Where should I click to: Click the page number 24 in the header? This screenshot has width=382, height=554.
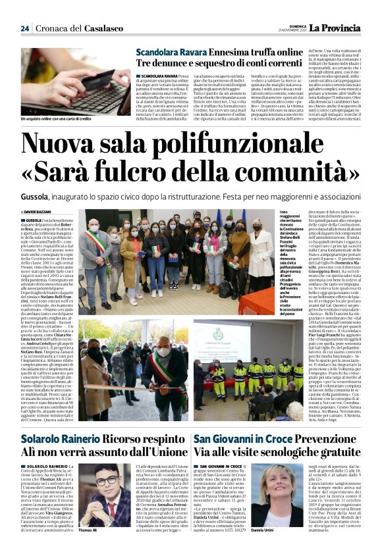tap(24, 28)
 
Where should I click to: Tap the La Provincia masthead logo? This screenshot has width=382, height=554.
tap(336, 28)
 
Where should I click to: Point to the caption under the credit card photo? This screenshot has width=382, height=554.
tap(56, 118)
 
